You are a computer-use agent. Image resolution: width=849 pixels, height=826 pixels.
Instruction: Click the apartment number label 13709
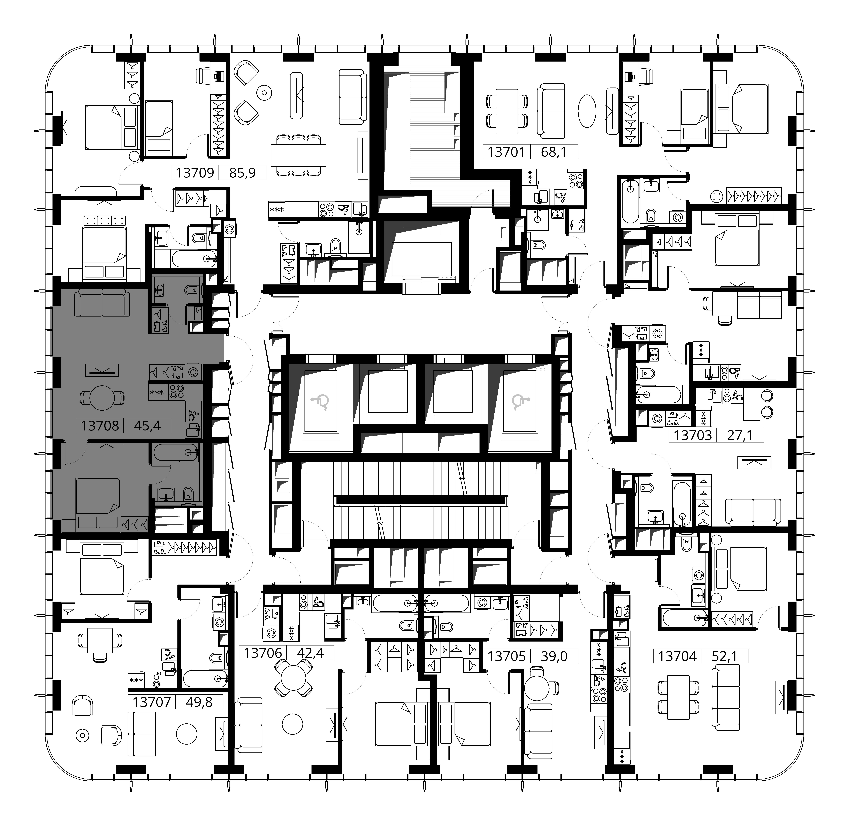pos(195,173)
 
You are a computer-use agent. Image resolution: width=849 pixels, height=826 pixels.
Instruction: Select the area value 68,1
pos(554,152)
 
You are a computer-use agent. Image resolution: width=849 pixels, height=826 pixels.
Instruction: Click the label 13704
pos(677,656)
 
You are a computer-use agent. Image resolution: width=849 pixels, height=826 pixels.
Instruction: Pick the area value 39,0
pos(554,656)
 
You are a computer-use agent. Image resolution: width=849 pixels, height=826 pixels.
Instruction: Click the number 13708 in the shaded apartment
pos(100,426)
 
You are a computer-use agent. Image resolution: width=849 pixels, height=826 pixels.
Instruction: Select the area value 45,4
pos(147,426)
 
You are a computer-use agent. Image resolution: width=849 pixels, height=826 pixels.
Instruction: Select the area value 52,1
pos(724,656)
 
